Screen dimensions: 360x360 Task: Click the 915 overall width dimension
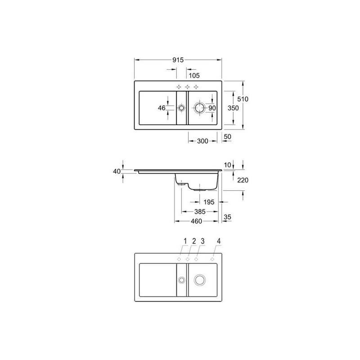point(178,60)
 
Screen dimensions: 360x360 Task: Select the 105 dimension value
point(194,75)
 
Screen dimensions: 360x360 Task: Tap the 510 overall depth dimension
point(243,99)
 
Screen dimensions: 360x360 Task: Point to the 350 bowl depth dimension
point(233,108)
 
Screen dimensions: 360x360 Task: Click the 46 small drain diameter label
point(162,108)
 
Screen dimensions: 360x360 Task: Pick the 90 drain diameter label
point(212,108)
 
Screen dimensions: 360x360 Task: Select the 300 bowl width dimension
point(202,141)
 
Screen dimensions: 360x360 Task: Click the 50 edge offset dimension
point(227,137)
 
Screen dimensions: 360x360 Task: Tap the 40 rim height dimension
point(117,171)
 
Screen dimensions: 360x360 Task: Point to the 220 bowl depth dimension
point(243,180)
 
